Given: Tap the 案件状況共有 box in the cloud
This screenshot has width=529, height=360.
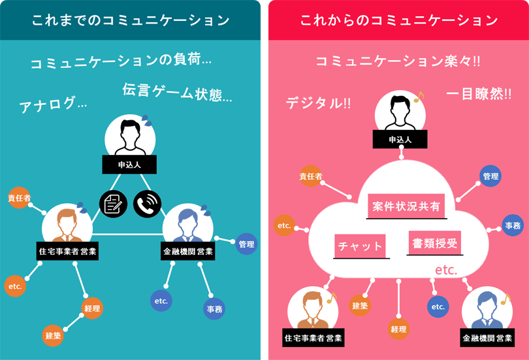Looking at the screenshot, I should pos(406,206).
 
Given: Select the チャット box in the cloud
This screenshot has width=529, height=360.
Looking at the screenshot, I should pos(360,246).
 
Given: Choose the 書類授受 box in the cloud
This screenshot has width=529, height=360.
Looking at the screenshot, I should pos(435,243).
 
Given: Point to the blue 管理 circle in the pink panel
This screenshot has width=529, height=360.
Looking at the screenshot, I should pos(490,176).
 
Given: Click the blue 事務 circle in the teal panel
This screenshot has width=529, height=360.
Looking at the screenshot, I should pos(214,308).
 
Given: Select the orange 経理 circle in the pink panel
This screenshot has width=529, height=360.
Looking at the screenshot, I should pos(398,329).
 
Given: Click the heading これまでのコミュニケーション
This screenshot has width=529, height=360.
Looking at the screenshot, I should pos(131,20).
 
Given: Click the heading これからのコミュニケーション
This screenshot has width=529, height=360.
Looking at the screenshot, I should pos(399,20).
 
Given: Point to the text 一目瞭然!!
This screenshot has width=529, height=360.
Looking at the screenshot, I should pos(479,94).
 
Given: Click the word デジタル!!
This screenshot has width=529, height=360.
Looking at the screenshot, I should pos(318,103).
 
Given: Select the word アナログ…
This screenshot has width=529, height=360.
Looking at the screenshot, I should pos(53,103).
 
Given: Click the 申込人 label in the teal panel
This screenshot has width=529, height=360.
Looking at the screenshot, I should pos(129,165).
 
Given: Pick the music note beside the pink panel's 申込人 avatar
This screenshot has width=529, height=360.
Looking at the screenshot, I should pos(419,97).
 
